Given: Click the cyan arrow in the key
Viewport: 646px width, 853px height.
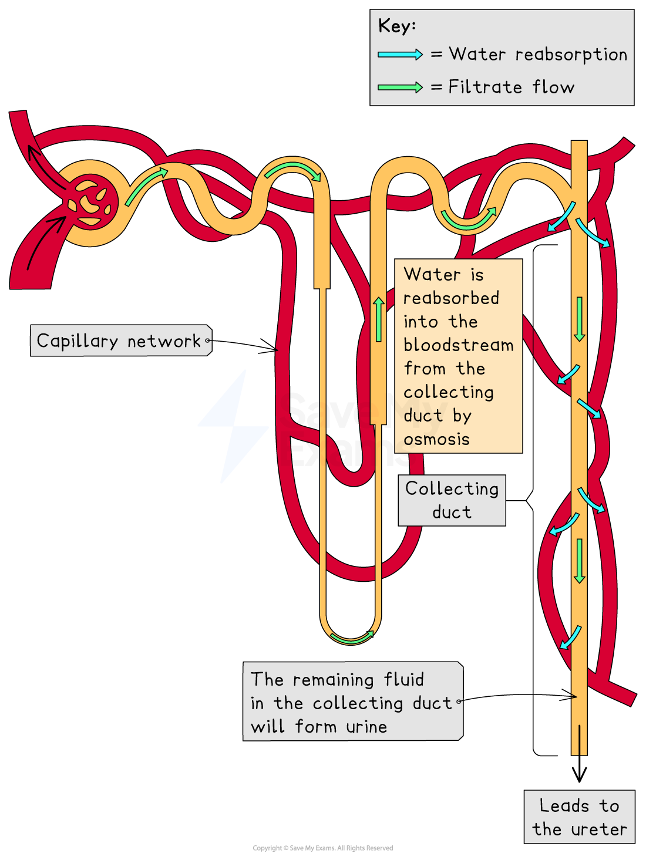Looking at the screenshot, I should tap(400, 55).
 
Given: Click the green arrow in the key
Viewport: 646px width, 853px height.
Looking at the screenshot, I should tap(400, 87).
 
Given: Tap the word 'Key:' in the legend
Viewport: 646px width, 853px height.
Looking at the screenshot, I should tap(397, 26).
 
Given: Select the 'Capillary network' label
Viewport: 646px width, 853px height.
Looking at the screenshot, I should tap(119, 340).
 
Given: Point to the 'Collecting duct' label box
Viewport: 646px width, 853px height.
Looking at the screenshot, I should tap(452, 500).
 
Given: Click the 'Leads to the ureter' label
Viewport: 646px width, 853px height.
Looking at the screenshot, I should tap(579, 817).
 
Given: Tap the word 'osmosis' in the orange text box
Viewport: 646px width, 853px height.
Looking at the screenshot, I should tap(436, 439).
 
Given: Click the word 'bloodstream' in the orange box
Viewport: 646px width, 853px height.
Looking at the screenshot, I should tap(459, 345).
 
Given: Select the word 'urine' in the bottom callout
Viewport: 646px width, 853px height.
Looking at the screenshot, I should tap(366, 727).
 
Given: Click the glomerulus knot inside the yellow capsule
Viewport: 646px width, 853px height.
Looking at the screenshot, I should tap(91, 203).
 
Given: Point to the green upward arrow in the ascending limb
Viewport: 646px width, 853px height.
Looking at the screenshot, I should tap(379, 319).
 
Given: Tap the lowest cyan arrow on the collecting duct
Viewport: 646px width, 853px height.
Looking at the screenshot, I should tap(570, 637).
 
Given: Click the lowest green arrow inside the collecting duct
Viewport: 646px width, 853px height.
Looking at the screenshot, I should tap(580, 561).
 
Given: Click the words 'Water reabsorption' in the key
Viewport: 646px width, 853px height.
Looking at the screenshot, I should tap(538, 55).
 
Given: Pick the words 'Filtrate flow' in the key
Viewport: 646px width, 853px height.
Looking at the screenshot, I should tap(511, 87).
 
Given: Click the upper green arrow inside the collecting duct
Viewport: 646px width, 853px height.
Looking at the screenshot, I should tap(580, 319).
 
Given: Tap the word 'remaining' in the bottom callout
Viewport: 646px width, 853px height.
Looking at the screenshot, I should tap(333, 680).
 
